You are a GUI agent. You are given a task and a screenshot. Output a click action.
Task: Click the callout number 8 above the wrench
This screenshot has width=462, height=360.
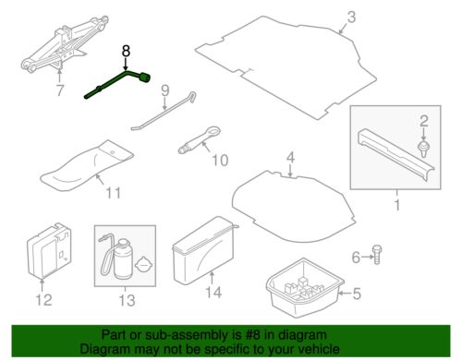pos(126,51)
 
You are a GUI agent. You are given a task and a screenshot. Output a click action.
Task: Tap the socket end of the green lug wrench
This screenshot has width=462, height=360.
pos(145,78)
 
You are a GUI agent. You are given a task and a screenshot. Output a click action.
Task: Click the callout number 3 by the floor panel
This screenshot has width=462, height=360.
pos(351,17)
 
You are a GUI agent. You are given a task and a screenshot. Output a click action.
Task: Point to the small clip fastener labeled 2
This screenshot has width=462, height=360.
pos(424,150)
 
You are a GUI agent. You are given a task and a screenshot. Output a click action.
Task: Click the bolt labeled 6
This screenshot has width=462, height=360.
pos(376,255)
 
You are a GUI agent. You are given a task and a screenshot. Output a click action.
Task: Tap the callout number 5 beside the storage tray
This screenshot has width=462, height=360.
pos(357,294)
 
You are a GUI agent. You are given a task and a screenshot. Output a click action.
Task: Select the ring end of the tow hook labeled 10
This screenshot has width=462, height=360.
pos(213,132)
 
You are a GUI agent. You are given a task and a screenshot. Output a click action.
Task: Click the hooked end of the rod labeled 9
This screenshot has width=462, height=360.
pos(192,97)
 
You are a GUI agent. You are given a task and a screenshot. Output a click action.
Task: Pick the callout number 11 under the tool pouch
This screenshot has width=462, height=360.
pos(113,193)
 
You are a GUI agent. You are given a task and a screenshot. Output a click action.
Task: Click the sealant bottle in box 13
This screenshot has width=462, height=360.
pos(123,259)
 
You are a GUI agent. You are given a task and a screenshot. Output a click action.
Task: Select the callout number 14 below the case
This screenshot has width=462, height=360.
pos(213,292)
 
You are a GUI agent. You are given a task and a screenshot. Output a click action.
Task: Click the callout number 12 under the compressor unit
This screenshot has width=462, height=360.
pos(43,300)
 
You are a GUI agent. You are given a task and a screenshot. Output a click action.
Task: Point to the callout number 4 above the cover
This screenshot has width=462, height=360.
pos(290,158)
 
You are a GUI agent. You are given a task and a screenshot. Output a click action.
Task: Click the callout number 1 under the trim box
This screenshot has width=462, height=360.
pos(397,205)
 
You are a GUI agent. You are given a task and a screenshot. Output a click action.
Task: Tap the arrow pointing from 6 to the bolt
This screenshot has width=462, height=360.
pos(367,257)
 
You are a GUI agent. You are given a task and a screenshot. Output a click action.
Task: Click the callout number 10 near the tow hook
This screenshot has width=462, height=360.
pos(220,161)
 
